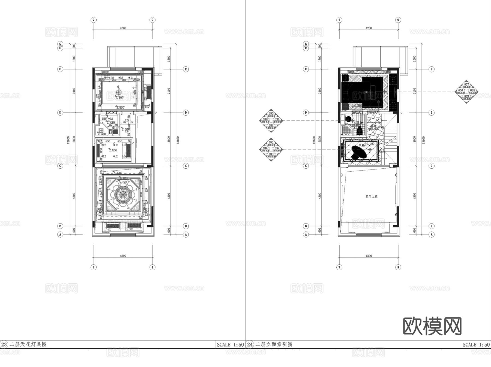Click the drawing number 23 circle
pyautogui.click(x=4, y=344)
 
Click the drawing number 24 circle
pyautogui.click(x=250, y=344)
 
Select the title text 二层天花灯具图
pyautogui.click(x=28, y=344)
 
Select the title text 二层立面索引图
pyautogui.click(x=274, y=344)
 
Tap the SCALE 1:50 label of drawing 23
pyautogui.click(x=230, y=345)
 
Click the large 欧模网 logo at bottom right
pyautogui.click(x=432, y=326)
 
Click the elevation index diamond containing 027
pyautogui.click(x=466, y=92)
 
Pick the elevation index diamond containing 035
pyautogui.click(x=271, y=120)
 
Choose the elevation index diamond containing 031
pyautogui.click(x=271, y=149)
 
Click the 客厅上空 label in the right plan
pyautogui.click(x=371, y=196)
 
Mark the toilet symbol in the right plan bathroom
pyautogui.click(x=360, y=130)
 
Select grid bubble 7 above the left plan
pyautogui.click(x=94, y=20)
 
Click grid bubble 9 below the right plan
pyautogui.click(x=398, y=267)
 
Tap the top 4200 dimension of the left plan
pyautogui.click(x=123, y=28)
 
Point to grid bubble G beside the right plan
pyautogui.click(x=306, y=44)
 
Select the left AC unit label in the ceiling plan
pyautogui.click(x=110, y=230)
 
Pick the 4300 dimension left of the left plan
pyautogui.click(x=74, y=196)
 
